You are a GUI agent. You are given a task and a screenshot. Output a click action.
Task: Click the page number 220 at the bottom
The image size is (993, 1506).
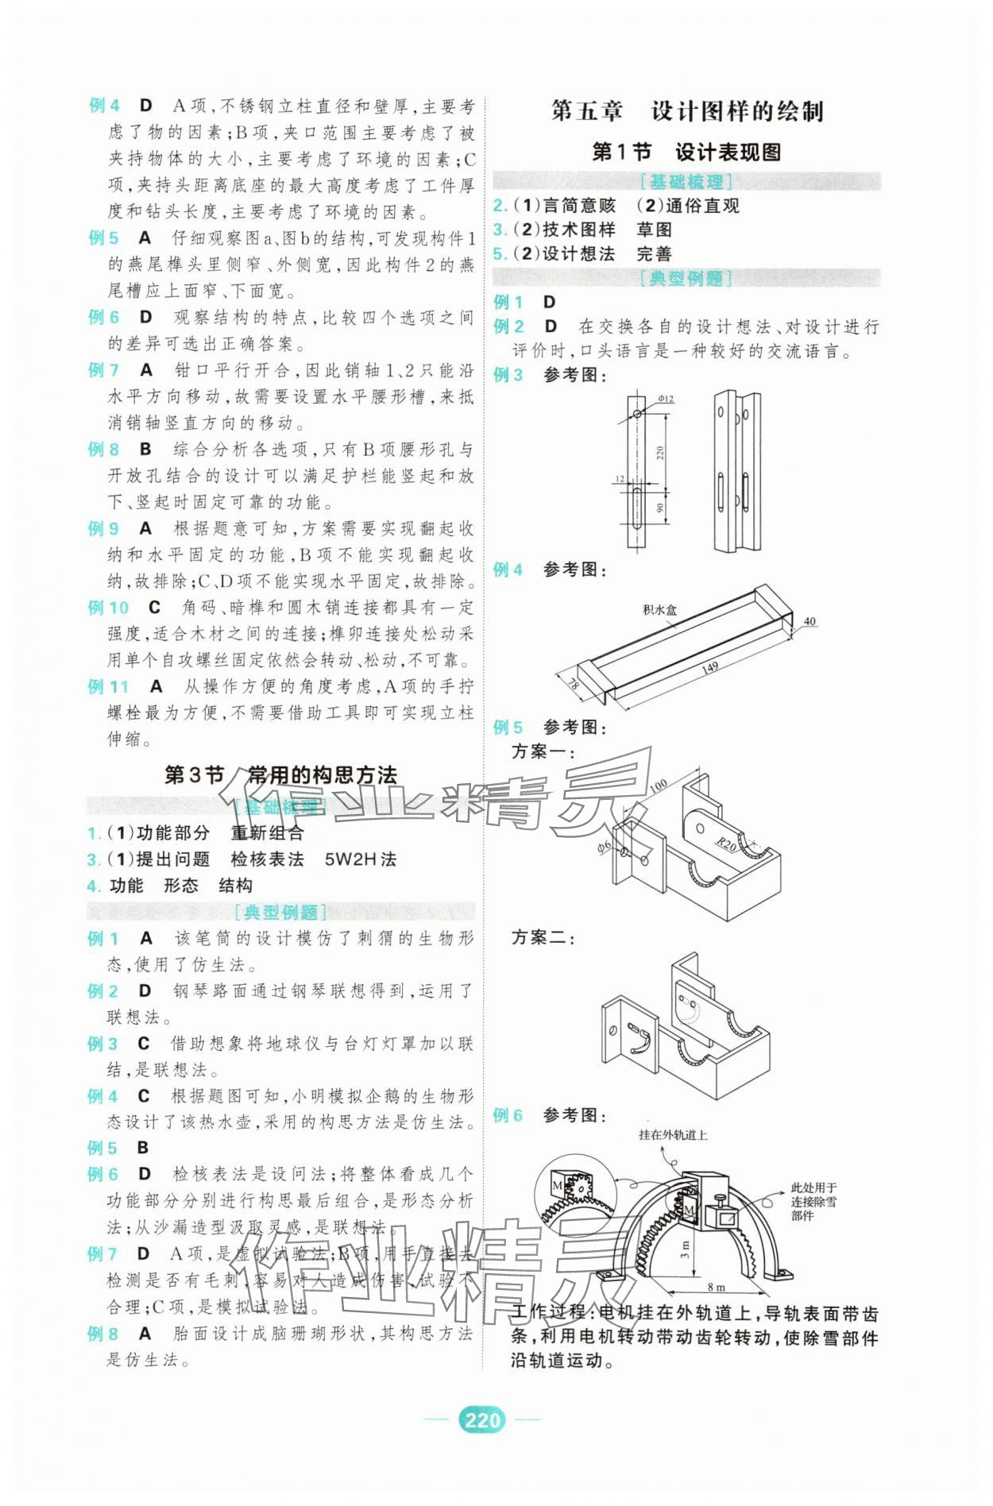click(481, 1419)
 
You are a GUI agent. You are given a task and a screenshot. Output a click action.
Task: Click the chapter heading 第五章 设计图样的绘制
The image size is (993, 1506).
click(687, 111)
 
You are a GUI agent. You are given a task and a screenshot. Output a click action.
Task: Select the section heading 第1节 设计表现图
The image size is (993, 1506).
click(686, 152)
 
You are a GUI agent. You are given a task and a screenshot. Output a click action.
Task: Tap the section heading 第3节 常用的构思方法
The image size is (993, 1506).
click(280, 775)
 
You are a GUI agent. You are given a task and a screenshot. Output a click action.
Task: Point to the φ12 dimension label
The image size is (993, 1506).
click(665, 399)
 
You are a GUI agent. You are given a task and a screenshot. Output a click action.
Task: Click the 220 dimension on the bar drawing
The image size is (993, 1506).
click(660, 454)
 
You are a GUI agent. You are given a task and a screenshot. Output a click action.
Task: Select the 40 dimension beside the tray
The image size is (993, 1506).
click(809, 621)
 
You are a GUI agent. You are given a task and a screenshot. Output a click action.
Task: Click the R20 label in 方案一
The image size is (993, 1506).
click(724, 844)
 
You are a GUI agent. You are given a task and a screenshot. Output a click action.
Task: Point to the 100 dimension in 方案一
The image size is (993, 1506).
click(657, 786)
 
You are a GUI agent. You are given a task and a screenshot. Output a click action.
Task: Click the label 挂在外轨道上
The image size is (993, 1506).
click(673, 1135)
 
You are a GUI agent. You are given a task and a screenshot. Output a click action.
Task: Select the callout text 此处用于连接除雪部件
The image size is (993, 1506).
click(813, 1202)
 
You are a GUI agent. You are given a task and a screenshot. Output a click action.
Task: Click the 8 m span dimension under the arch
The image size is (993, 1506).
click(716, 1287)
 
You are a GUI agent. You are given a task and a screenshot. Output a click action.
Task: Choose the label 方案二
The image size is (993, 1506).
click(543, 938)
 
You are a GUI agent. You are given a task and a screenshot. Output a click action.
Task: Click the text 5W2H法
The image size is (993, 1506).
click(360, 859)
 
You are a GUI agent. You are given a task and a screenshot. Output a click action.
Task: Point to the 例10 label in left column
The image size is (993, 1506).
click(108, 608)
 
